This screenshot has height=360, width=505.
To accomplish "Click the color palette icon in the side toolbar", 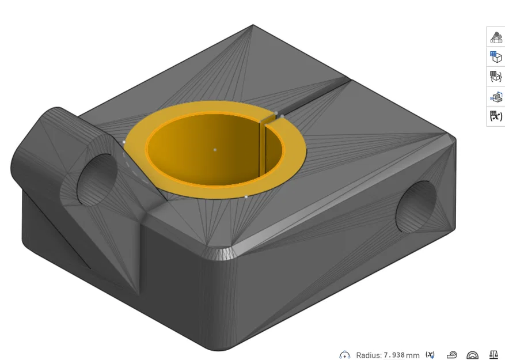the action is point(496,37).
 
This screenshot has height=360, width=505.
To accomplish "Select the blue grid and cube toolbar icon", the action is point(496,57).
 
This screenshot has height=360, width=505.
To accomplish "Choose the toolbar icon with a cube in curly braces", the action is point(496,77).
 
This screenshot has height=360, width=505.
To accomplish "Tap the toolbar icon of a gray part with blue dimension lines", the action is point(496,96).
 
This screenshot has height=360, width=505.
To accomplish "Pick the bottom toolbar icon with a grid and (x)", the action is point(496,116).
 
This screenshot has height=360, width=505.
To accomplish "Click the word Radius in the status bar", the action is point(369,355).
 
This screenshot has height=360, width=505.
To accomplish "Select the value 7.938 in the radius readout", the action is point(394,355).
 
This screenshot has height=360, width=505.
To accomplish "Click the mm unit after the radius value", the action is point(412,355).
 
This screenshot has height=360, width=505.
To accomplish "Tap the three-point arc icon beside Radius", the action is point(344,355).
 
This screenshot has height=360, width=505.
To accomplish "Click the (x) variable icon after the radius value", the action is point(430,355).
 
